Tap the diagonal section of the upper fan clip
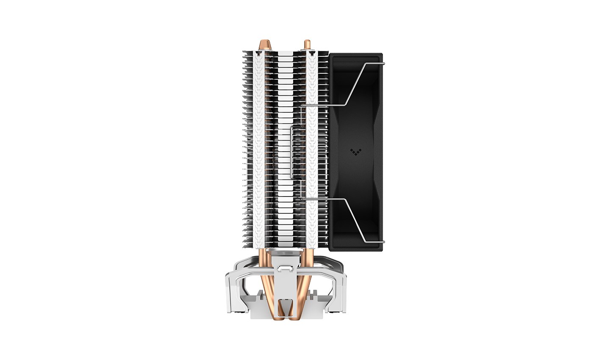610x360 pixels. [356, 85]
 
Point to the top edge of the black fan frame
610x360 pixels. [356, 54]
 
